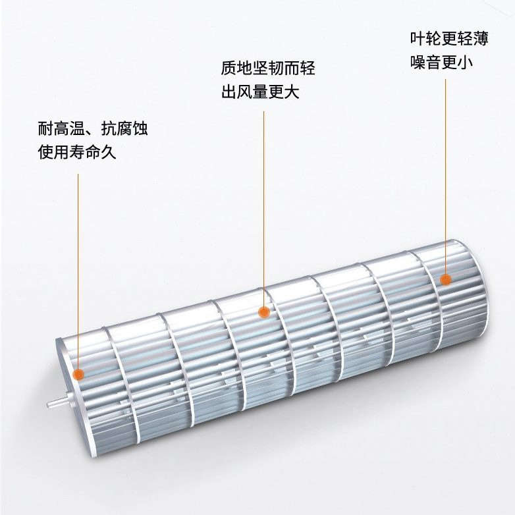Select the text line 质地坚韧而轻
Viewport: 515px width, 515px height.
point(267,68)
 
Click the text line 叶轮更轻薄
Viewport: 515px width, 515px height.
point(448,39)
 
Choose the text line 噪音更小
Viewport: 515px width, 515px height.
point(441,63)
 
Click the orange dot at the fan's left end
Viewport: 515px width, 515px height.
point(79,375)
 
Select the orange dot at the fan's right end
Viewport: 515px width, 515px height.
point(446,279)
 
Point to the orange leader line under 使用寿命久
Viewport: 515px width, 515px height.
point(78,263)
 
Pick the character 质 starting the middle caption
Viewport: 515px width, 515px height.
point(229,68)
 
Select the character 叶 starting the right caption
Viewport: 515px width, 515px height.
point(416,39)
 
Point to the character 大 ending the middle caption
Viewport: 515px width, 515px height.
point(292,92)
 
